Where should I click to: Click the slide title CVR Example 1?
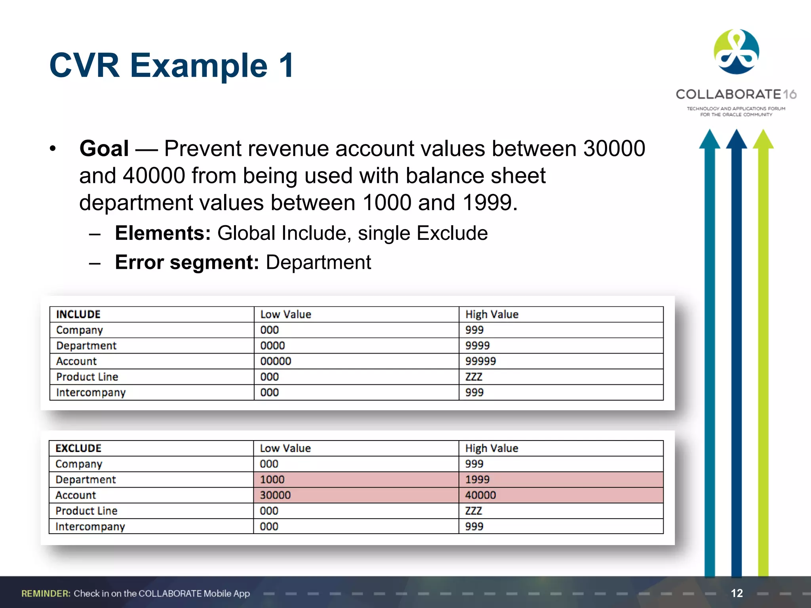pos(171,65)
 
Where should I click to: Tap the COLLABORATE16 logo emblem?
pos(736,52)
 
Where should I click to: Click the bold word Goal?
pos(104,149)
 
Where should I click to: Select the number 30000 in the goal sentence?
pos(614,149)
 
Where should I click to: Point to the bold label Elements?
pos(163,233)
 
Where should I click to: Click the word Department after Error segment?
pos(318,262)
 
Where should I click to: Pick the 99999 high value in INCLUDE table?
pos(480,361)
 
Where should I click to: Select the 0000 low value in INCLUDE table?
pos(272,346)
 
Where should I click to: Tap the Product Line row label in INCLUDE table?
pos(87,377)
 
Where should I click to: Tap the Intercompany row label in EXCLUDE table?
pos(90,526)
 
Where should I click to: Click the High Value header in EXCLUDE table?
pos(491,448)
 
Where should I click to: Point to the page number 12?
pos(737,593)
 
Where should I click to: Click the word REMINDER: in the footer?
pos(46,593)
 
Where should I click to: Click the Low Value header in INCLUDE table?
pos(286,314)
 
